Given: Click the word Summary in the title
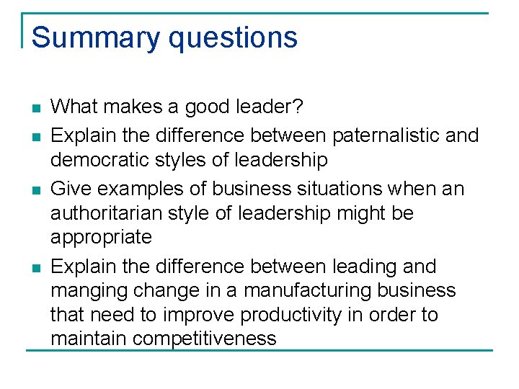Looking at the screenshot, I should tap(95, 37).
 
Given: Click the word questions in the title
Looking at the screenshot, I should tap(231, 37).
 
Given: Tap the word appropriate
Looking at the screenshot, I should tap(101, 237).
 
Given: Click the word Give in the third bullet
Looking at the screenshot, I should tap(71, 189).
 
